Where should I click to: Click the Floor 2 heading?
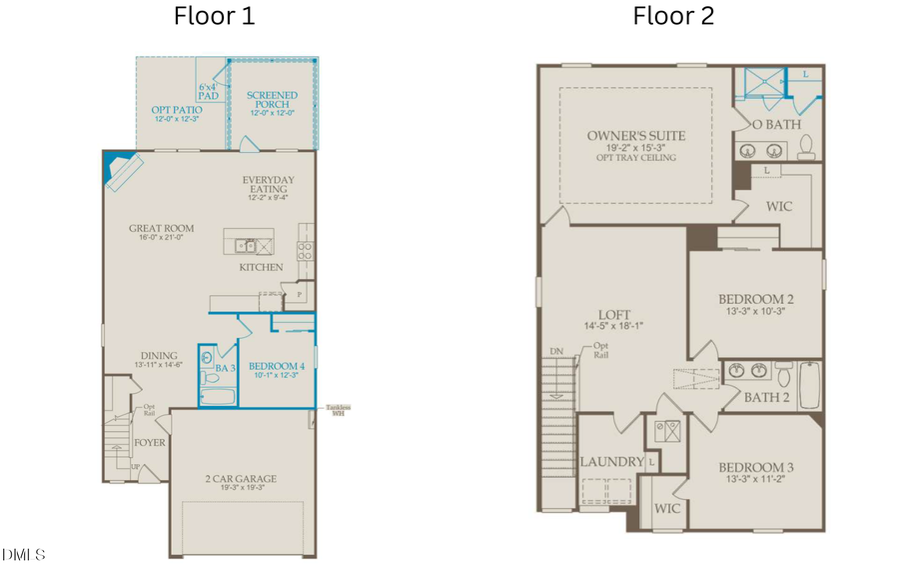(673, 16)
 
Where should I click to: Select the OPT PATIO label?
(178, 109)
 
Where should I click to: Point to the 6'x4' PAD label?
(209, 91)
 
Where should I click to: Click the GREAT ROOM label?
(161, 228)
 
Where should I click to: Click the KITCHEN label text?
(261, 267)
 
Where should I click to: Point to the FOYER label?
(150, 441)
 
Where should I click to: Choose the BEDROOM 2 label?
(756, 299)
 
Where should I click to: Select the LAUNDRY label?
(611, 462)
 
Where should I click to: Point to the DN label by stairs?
(555, 352)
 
